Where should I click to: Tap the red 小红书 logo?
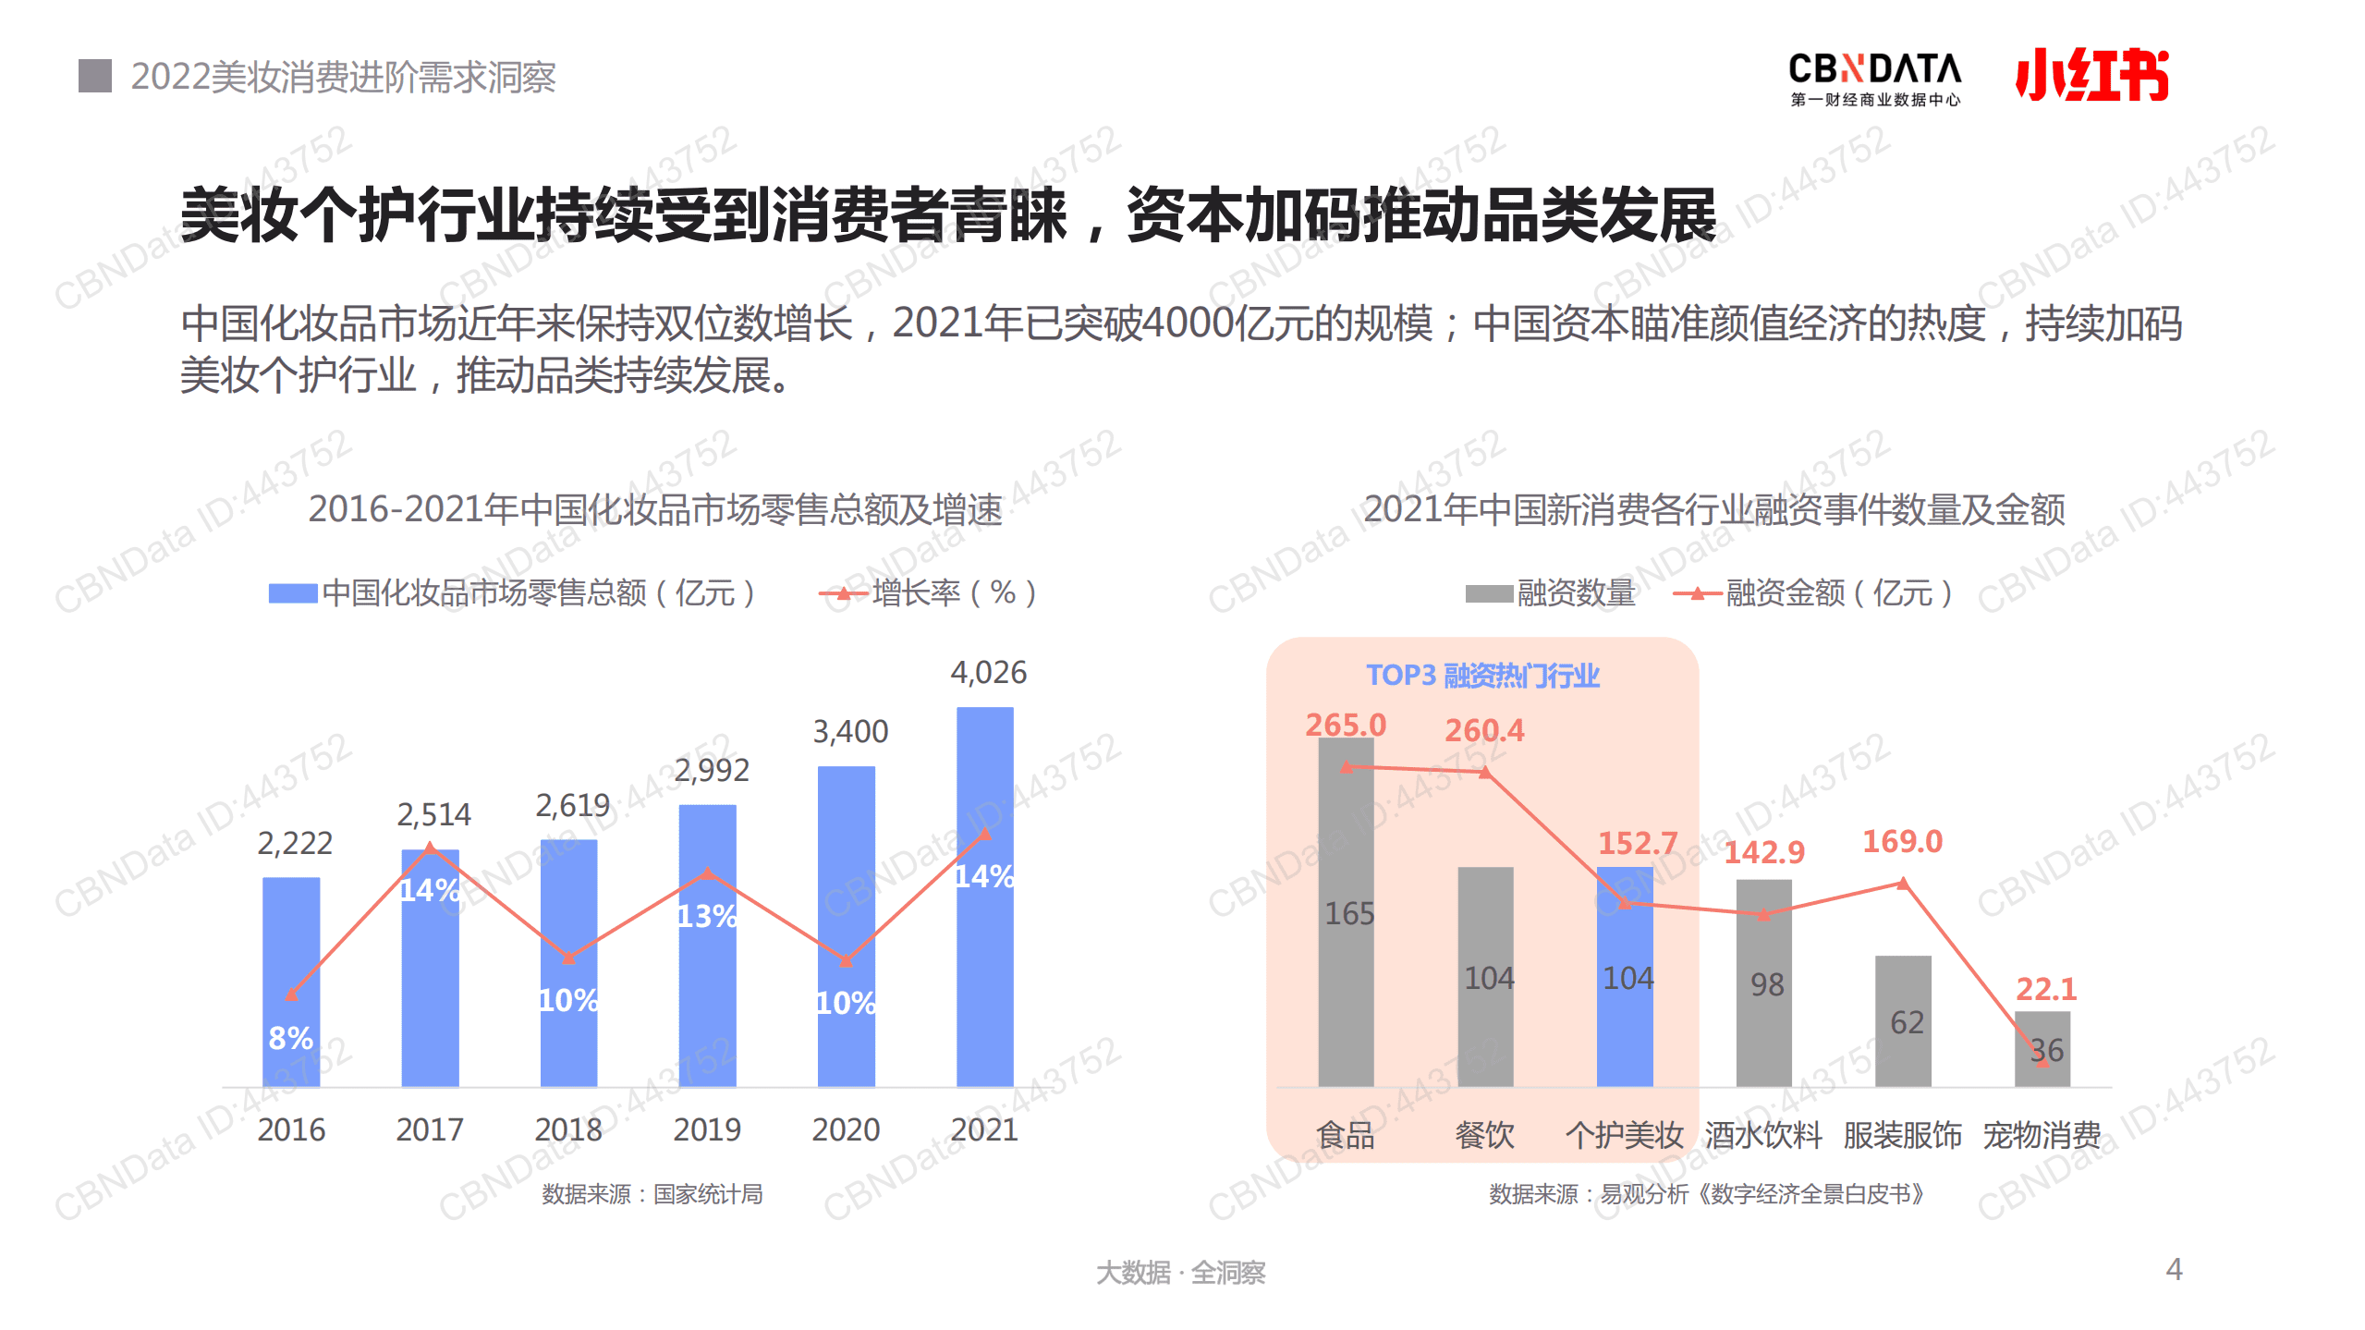(x=2091, y=74)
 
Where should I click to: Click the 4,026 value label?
(x=988, y=672)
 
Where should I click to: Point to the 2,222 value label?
(x=294, y=843)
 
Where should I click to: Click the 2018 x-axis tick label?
(x=567, y=1129)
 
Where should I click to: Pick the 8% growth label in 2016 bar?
(x=290, y=1038)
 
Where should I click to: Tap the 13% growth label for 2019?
(x=707, y=916)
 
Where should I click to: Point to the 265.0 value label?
(x=1345, y=725)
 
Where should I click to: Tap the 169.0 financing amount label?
(x=1901, y=841)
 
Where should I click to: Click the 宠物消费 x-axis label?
(x=2041, y=1134)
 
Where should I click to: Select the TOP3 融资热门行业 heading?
(x=1481, y=676)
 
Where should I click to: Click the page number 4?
(x=2174, y=1269)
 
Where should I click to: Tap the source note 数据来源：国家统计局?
(x=652, y=1194)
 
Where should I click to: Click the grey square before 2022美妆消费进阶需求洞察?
(x=95, y=76)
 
